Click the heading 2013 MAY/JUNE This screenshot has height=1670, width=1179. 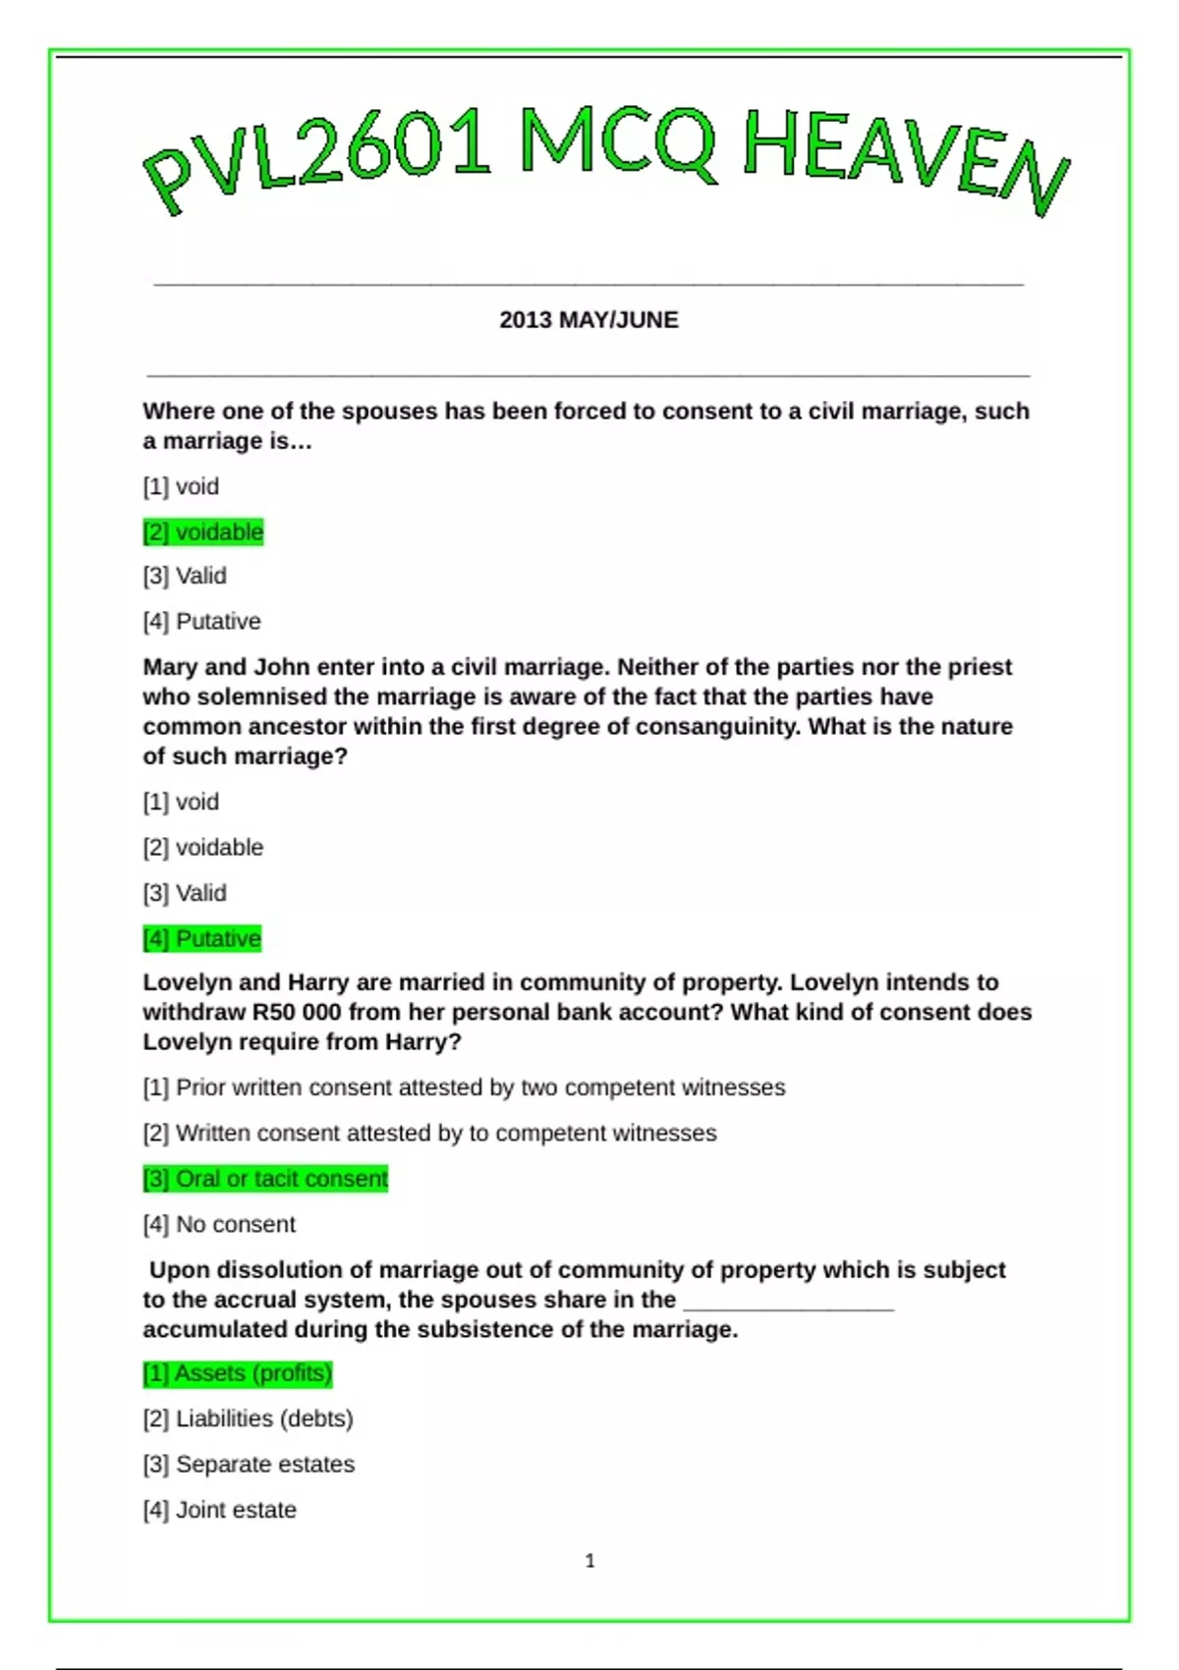coord(589,320)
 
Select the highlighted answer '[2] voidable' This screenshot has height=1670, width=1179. coord(203,532)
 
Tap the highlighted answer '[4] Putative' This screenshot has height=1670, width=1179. coord(202,939)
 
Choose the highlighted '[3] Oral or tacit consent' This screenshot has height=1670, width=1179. coord(265,1179)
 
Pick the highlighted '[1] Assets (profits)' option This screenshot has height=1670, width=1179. coord(238,1373)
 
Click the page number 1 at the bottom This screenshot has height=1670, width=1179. coord(589,1561)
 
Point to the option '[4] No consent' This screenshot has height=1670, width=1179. coord(219,1225)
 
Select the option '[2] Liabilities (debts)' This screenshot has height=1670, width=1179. coord(248,1419)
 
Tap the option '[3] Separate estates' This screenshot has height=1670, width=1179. coord(249,1465)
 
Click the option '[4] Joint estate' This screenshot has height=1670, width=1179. coord(219,1511)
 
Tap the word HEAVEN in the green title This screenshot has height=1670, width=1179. coord(904,157)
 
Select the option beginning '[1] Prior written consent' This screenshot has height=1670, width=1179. coord(464,1088)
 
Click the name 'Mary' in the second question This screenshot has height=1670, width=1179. coord(170,668)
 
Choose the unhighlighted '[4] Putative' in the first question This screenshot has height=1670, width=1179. coord(201,622)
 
